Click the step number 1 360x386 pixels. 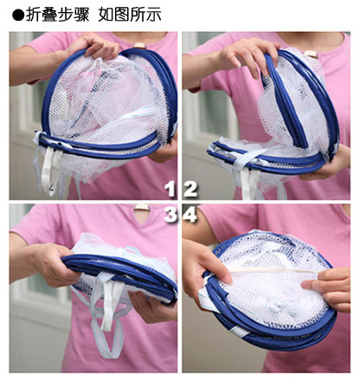coord(170,190)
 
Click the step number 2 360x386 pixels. coord(190,190)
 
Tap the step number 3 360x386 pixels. coord(170,214)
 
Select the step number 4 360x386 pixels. coord(190,214)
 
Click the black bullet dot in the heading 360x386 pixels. coord(18,16)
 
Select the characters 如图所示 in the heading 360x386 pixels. coord(130,15)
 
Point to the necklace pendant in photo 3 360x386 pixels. coord(142,208)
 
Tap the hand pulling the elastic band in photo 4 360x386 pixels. coord(329,288)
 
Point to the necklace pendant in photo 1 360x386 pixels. coord(140,46)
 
